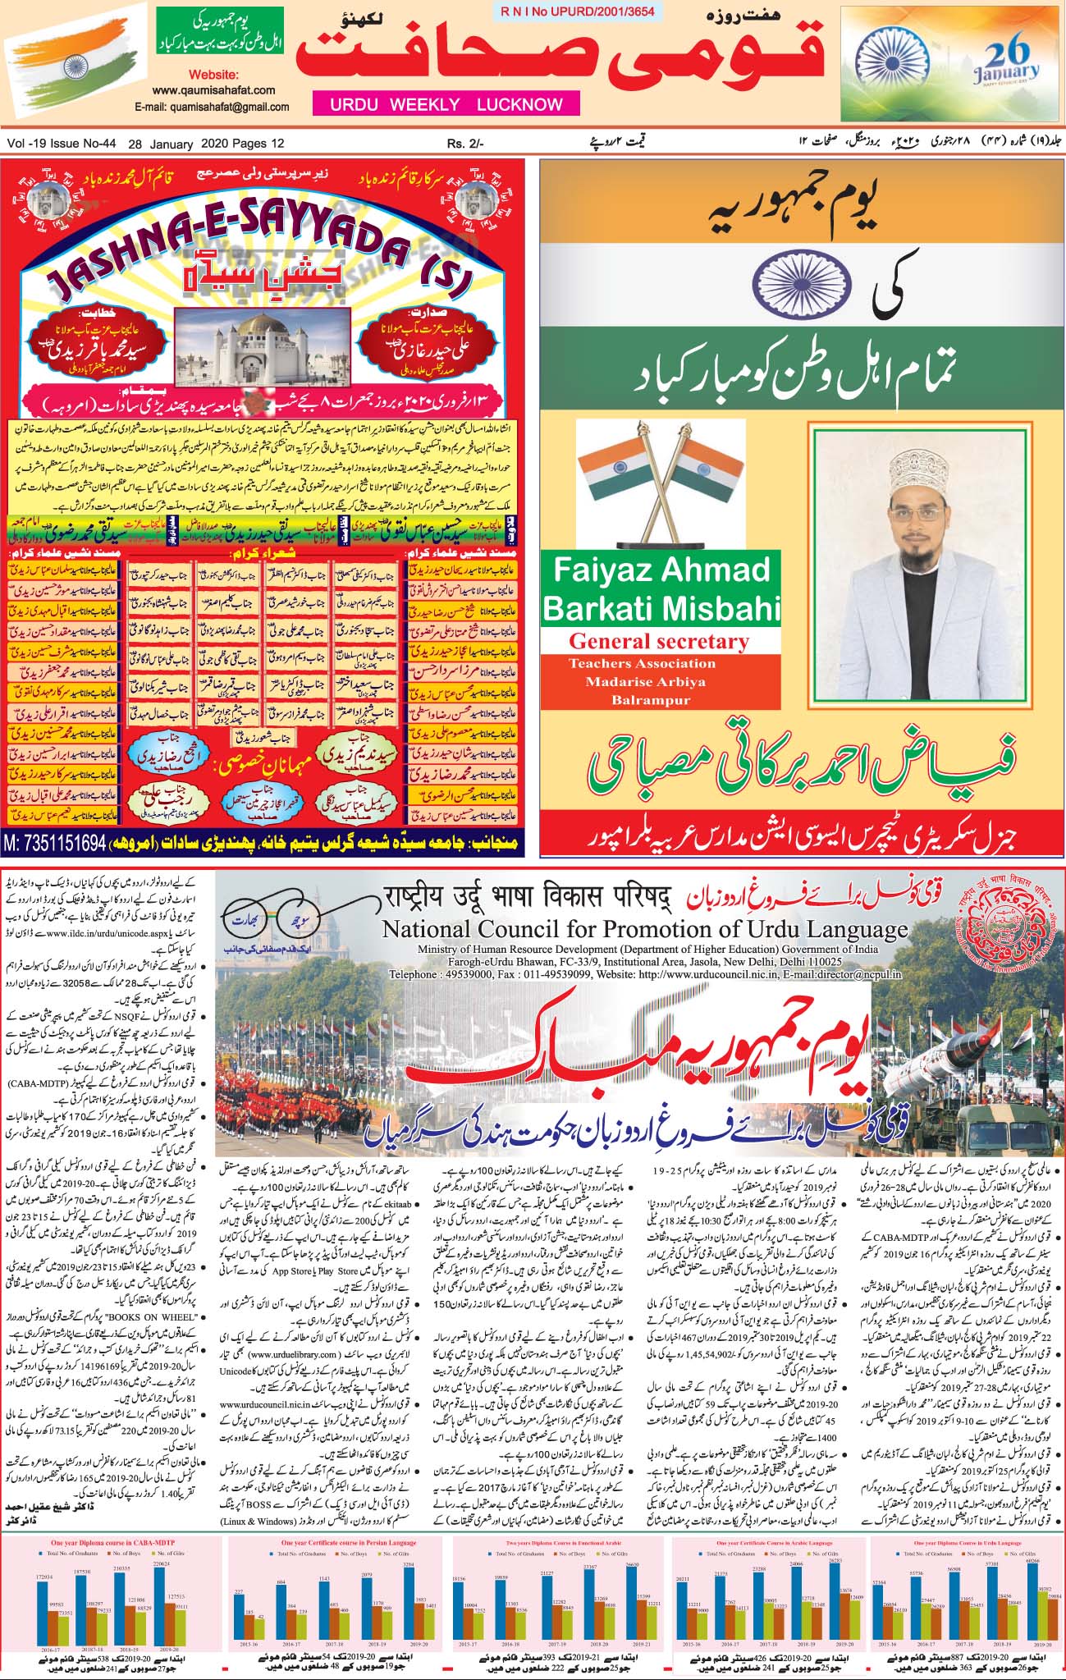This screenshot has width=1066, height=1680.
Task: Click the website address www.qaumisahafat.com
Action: coord(213,91)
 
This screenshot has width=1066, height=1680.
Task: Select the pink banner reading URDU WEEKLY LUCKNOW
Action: coord(446,104)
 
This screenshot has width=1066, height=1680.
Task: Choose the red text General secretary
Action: coord(659,641)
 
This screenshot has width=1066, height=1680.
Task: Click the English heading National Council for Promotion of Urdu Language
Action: coord(644,930)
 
